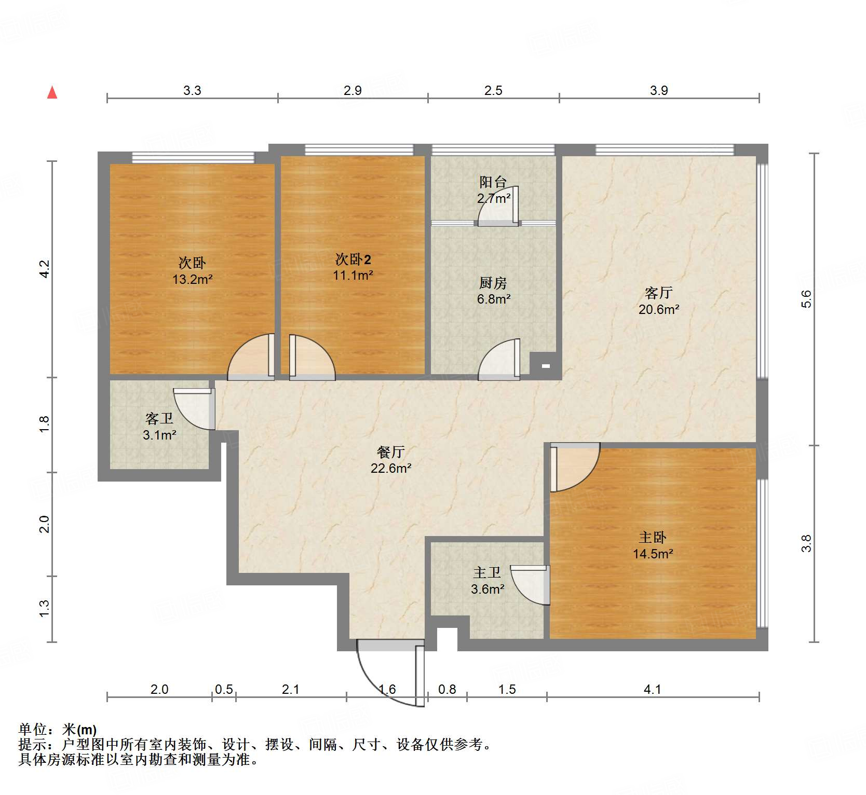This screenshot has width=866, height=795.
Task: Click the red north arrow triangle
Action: click(x=52, y=93)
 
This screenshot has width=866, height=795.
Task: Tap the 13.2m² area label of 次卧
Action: click(x=193, y=280)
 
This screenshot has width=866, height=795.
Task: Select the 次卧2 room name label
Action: click(x=353, y=259)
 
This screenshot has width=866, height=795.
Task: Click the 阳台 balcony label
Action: click(x=493, y=182)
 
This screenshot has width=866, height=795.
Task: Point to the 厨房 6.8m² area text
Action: click(x=494, y=299)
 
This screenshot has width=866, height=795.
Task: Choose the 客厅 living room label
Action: click(x=658, y=293)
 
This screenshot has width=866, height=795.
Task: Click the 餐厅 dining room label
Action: click(x=390, y=452)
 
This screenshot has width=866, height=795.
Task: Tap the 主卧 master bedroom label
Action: click(x=652, y=538)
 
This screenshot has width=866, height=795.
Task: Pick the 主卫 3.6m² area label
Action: click(x=488, y=589)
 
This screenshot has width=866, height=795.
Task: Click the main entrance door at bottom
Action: click(x=390, y=672)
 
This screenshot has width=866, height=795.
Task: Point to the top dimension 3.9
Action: click(x=659, y=91)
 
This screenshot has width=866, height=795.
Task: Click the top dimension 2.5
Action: click(x=493, y=91)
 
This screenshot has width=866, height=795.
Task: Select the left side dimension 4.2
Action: click(x=45, y=269)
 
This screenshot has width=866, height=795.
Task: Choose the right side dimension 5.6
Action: click(x=806, y=299)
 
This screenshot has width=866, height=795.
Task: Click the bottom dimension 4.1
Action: click(x=652, y=689)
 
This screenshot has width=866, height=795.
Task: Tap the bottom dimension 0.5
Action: click(x=224, y=689)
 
